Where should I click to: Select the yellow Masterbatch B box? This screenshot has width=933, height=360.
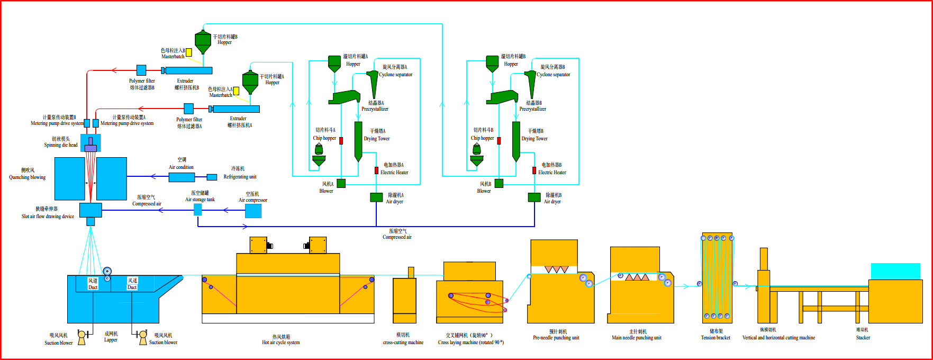tap(188, 52)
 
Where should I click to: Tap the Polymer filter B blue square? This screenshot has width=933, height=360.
tap(141, 70)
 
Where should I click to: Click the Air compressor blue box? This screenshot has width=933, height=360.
tap(253, 211)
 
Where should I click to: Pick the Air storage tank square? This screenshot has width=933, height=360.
tap(197, 210)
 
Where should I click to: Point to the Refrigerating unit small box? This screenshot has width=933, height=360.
tap(212, 177)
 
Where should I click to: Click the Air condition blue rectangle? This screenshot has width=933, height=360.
tap(182, 177)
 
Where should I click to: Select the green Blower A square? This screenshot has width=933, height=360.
tap(341, 183)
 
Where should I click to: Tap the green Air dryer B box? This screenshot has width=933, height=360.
tap(534, 197)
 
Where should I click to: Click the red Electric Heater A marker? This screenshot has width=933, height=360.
tap(376, 170)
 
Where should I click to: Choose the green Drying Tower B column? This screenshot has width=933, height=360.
tap(516, 140)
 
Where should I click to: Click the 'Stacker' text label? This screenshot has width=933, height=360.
tap(863, 337)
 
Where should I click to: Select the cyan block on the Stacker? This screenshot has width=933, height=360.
tap(895, 271)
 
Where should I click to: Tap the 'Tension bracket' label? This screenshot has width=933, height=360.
tap(715, 337)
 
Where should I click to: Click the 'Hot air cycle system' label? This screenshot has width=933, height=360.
tap(280, 343)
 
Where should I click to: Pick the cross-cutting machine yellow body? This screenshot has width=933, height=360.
tap(404, 300)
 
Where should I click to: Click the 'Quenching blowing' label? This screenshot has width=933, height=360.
tap(27, 177)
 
